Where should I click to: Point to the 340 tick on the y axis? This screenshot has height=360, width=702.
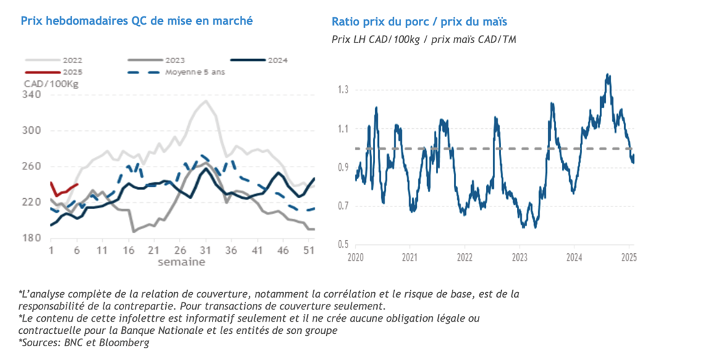32,95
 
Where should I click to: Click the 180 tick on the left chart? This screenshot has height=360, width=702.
32,238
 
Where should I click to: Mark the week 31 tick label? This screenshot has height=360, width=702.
205,251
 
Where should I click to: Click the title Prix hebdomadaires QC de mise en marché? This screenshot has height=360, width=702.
136,21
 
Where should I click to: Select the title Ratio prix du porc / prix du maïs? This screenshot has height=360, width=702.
419,22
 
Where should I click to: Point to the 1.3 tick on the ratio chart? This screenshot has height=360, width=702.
343,90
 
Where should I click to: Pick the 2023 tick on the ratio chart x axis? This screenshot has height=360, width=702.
519,258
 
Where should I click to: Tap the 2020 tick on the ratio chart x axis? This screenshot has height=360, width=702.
355,258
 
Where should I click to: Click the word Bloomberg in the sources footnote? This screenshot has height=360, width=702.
126,343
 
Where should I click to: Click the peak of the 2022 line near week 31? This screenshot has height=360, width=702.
205,101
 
